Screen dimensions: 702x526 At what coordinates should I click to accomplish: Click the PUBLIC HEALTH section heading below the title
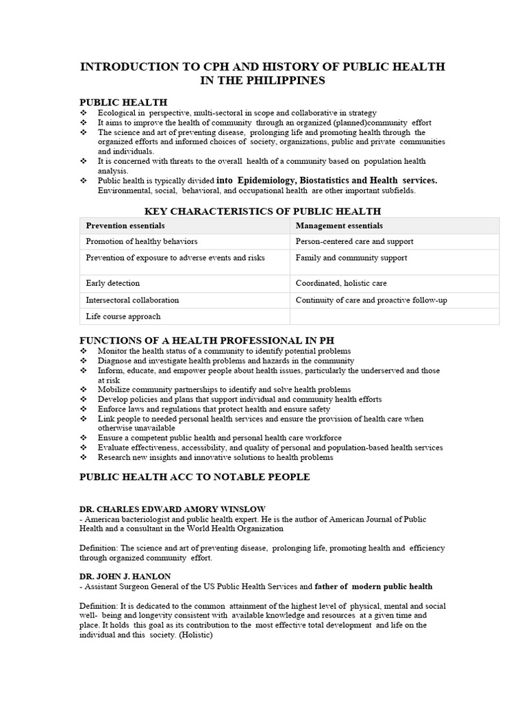(124, 102)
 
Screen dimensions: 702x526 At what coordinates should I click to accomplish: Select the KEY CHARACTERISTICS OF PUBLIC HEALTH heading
(263, 211)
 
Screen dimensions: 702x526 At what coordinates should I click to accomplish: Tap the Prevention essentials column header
(125, 226)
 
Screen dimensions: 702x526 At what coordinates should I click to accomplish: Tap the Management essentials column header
(339, 226)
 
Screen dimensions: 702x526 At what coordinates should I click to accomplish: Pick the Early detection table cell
(113, 283)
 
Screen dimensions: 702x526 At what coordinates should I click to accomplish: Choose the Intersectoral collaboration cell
(132, 300)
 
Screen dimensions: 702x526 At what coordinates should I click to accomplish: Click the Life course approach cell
(123, 316)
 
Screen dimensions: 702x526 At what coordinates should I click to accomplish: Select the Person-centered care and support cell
(354, 241)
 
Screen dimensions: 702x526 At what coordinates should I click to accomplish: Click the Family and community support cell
(351, 258)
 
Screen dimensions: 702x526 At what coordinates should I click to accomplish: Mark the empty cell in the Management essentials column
(394, 316)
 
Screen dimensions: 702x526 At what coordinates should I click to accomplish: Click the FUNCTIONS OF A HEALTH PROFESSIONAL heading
(207, 341)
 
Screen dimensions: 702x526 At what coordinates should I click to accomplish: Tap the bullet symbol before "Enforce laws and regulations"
(84, 409)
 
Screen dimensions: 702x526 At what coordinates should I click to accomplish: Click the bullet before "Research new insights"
(84, 457)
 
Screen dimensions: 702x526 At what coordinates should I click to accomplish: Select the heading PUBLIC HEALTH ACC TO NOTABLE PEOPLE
(195, 477)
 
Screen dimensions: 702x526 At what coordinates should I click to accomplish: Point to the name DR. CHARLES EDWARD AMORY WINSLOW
(173, 509)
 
